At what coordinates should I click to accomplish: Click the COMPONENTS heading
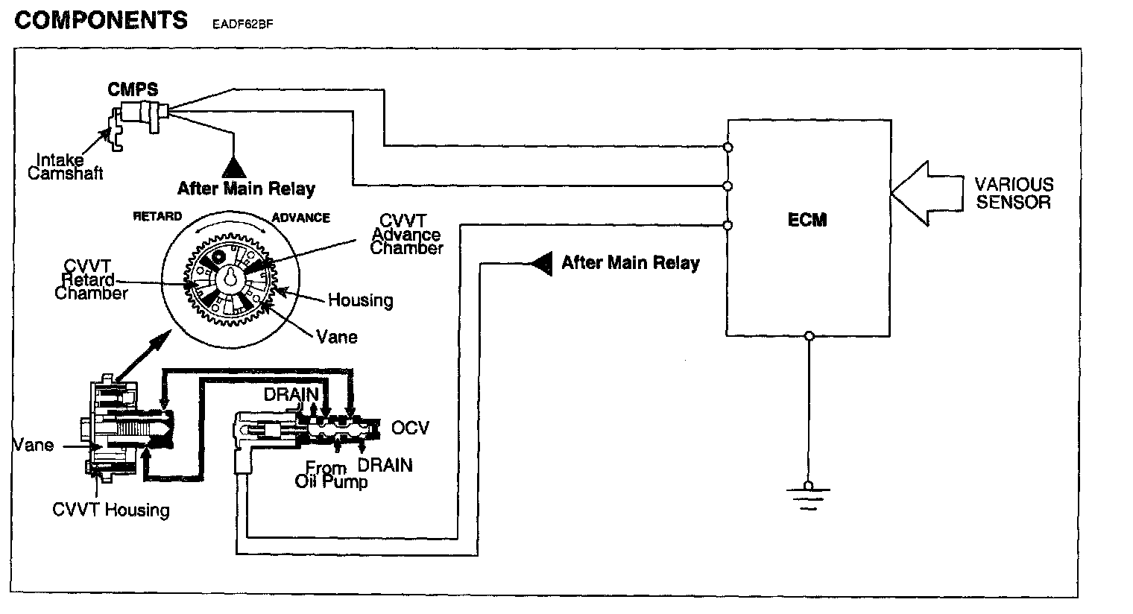[x=101, y=20]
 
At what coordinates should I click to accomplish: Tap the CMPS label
[x=133, y=89]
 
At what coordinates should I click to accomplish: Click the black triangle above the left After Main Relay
[x=235, y=166]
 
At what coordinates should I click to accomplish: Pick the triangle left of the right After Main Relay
[x=542, y=263]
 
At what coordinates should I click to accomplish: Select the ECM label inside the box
[x=807, y=220]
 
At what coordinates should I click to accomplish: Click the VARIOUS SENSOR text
[x=1014, y=193]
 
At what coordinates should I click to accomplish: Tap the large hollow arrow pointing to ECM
[x=924, y=192]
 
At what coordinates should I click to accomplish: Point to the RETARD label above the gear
[x=157, y=217]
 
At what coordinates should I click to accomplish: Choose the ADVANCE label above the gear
[x=300, y=218]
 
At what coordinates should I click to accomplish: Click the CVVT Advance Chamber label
[x=407, y=234]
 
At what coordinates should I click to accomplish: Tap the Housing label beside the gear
[x=361, y=300]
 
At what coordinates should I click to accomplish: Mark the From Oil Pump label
[x=331, y=475]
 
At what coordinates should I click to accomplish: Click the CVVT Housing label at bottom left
[x=111, y=510]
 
